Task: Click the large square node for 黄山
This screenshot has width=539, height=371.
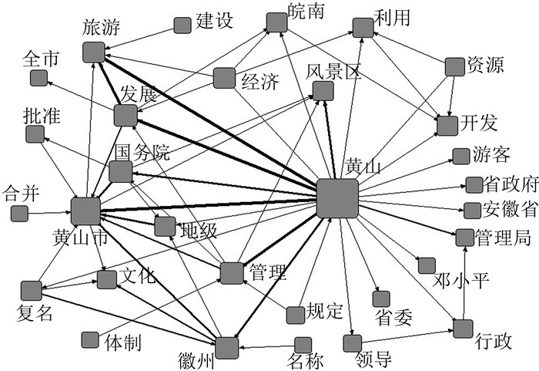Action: tap(337, 198)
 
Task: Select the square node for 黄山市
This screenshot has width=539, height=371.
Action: tap(85, 211)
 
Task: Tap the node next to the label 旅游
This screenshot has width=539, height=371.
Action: tap(93, 52)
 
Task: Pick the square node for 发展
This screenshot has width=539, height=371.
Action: tap(125, 116)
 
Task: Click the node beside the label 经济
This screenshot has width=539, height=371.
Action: tap(224, 78)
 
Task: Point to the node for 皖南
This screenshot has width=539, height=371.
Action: tap(276, 22)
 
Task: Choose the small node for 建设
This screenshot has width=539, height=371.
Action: tap(182, 25)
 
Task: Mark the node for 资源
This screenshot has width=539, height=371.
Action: tap(455, 66)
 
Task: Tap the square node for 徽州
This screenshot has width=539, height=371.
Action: tap(226, 348)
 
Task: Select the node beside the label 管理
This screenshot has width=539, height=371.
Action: tap(231, 273)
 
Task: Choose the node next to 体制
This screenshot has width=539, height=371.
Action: tap(89, 339)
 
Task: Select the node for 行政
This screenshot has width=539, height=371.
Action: tap(462, 329)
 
